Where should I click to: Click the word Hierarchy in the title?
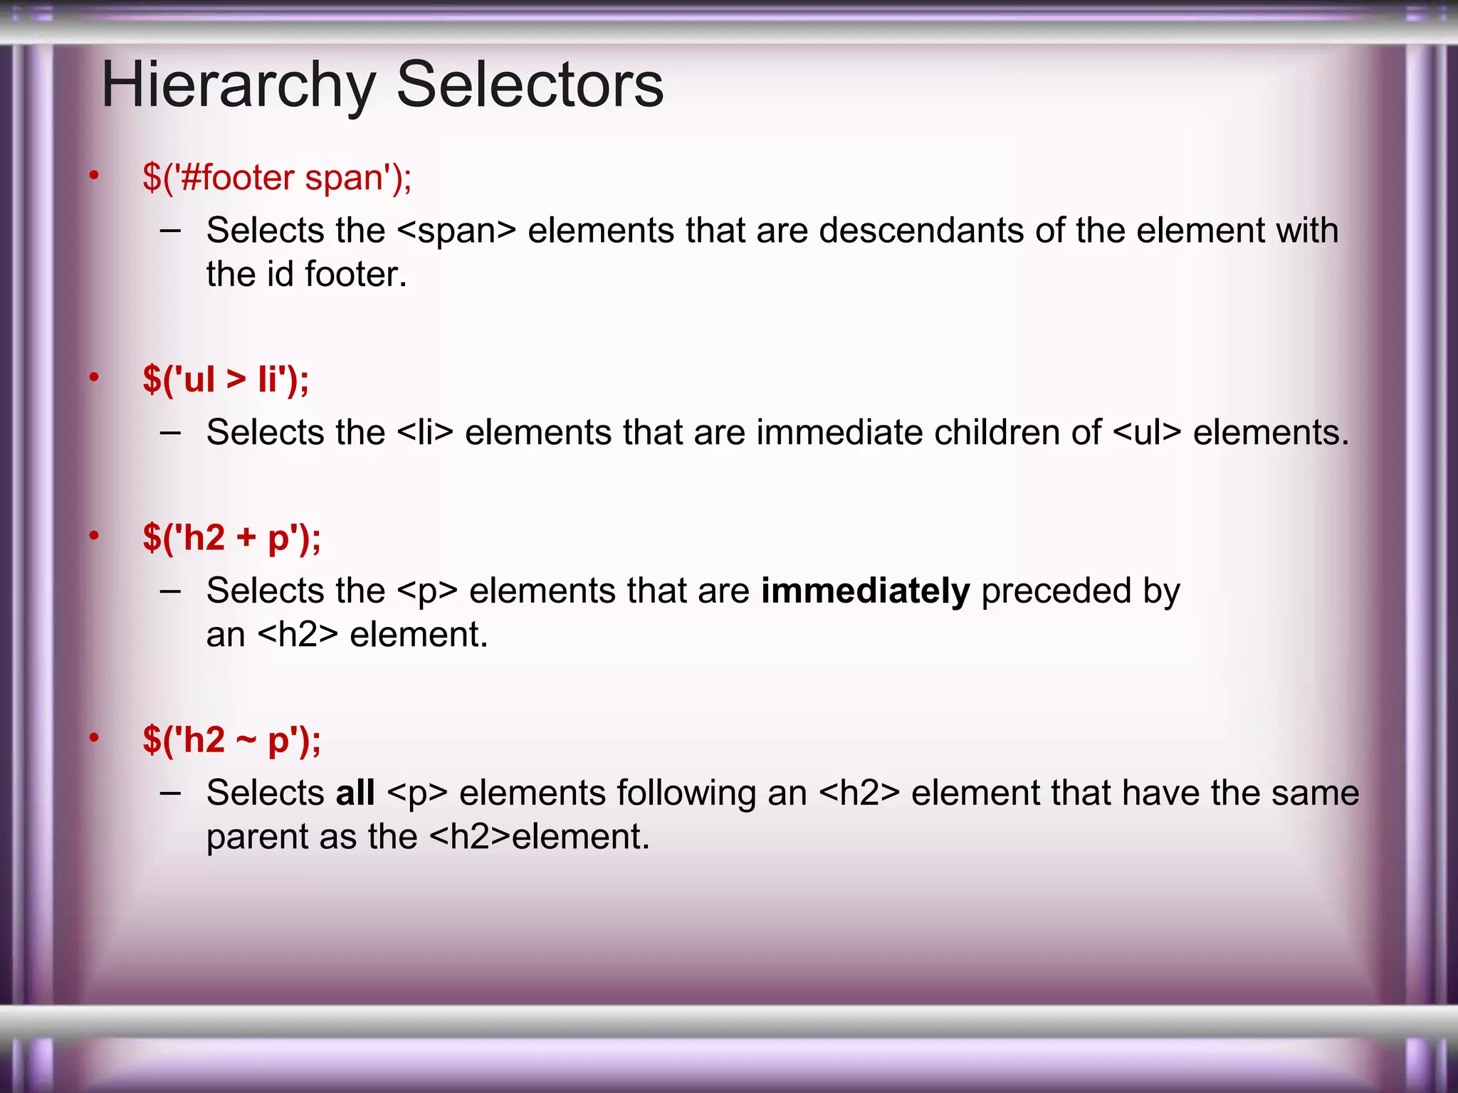[x=238, y=85]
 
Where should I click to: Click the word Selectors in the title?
[x=530, y=85]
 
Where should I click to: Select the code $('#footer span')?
[x=277, y=177]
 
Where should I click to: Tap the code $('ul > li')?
[x=226, y=379]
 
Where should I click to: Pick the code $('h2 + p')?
[x=231, y=537]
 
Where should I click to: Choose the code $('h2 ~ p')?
[x=231, y=739]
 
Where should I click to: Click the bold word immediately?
[x=865, y=591]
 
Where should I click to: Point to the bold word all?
[x=355, y=793]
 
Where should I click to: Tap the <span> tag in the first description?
[x=456, y=231]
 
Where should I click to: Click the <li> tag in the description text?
[x=425, y=433]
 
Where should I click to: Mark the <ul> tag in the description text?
[x=1146, y=433]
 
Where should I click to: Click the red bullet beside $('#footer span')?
[x=94, y=176]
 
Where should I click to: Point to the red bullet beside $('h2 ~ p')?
[x=94, y=738]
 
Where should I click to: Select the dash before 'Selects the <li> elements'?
[x=171, y=433]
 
